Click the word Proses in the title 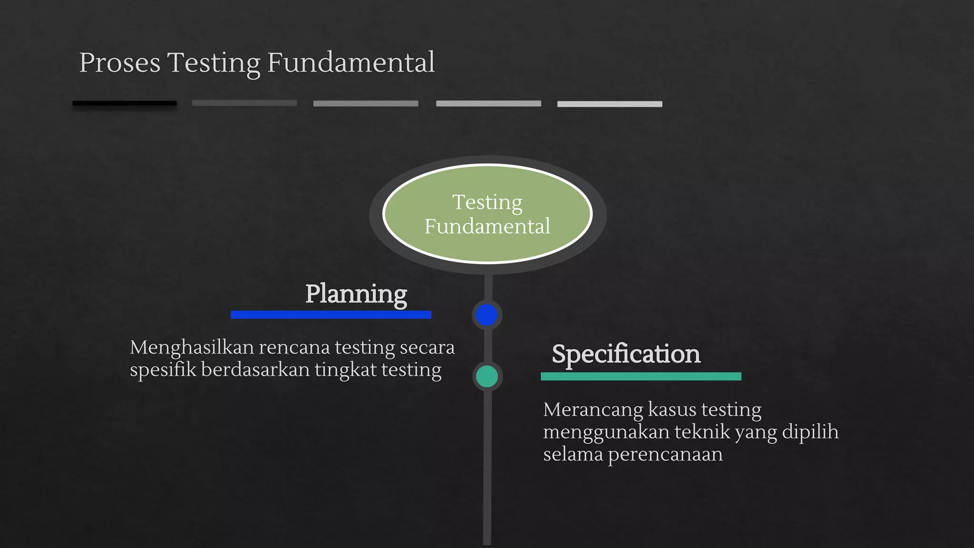click(x=120, y=63)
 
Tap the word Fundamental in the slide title click(x=351, y=63)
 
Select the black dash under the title click(x=125, y=103)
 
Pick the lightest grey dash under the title click(x=610, y=104)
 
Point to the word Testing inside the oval click(x=487, y=202)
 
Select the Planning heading click(x=356, y=294)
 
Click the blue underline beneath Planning click(x=331, y=314)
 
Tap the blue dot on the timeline click(x=487, y=315)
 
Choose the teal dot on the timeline click(x=487, y=376)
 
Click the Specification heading click(x=626, y=354)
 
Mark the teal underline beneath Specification click(x=641, y=376)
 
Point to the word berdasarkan click(x=255, y=370)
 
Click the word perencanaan click(x=665, y=454)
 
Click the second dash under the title click(x=244, y=103)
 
